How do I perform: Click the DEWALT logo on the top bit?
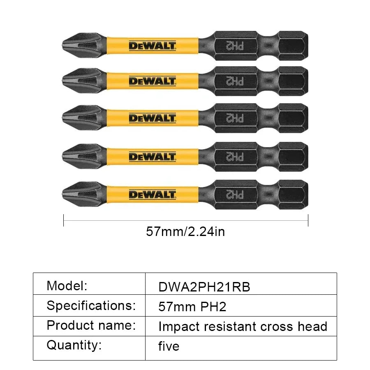(x=153, y=46)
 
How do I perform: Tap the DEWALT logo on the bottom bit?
(x=153, y=194)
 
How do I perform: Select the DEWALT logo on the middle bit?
(x=153, y=118)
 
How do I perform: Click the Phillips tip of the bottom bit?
(x=78, y=192)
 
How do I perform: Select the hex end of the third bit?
(x=293, y=118)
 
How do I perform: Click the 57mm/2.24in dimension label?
(x=185, y=232)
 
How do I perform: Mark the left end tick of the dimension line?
(x=64, y=220)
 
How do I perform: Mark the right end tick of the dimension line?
(x=308, y=220)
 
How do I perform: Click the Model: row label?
(x=67, y=285)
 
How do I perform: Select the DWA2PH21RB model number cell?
(x=204, y=287)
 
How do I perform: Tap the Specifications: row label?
(x=91, y=305)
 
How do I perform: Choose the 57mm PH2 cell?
(x=192, y=307)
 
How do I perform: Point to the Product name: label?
(x=91, y=325)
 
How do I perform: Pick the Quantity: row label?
(x=74, y=345)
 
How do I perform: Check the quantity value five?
(x=169, y=347)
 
